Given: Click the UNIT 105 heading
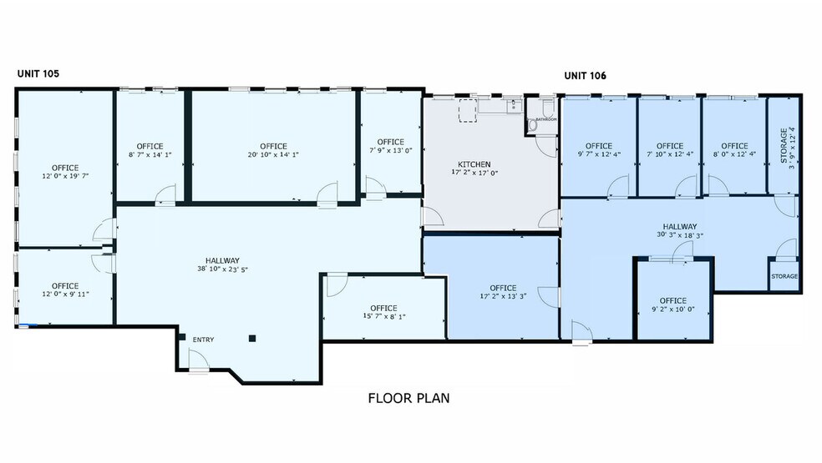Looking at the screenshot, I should (38, 73).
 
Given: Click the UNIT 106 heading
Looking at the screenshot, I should (585, 75).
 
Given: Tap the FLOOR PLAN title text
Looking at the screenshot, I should (408, 398).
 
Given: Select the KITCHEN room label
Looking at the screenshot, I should (474, 164).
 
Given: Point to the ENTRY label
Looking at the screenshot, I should (204, 340).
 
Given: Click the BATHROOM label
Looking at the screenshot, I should (546, 119).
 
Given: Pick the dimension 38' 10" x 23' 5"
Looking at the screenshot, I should (223, 269).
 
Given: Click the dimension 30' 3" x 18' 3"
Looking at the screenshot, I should (680, 235).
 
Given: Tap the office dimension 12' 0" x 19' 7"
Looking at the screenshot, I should (65, 177).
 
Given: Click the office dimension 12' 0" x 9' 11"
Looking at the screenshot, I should (65, 294).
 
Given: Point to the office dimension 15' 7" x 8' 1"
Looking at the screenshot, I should (383, 317).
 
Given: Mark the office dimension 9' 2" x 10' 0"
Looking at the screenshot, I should (672, 310).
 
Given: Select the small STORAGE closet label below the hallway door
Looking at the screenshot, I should (784, 276).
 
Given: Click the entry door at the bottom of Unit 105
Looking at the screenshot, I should (198, 361).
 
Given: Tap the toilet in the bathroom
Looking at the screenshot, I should (546, 108).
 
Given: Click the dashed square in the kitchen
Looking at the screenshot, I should (467, 112).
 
